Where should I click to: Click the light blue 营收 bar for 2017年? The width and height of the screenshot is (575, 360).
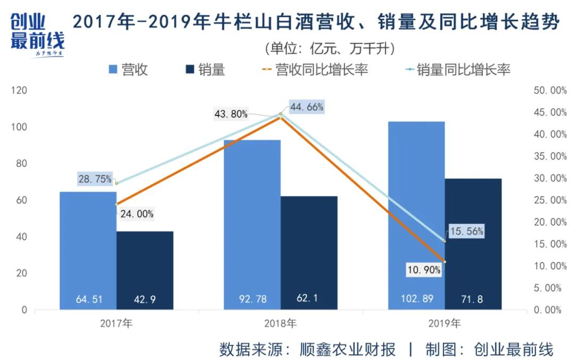[x=88, y=250]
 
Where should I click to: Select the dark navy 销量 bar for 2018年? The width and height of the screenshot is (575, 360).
[x=309, y=250]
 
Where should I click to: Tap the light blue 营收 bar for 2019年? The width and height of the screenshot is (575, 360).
[x=416, y=213]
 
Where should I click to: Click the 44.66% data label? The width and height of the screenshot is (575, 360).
[x=307, y=107]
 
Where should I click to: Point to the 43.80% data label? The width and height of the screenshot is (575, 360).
[x=231, y=114]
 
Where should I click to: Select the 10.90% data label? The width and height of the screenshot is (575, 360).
[x=424, y=270]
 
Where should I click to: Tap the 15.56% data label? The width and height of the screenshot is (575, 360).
[x=466, y=232]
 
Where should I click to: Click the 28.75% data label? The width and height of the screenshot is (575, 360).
[x=95, y=179]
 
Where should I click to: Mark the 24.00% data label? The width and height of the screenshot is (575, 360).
[x=136, y=214]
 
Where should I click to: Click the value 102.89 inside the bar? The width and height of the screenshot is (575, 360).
[x=416, y=299]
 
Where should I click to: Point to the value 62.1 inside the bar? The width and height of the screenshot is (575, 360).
[x=309, y=299]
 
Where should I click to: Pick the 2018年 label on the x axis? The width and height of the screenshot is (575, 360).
[x=280, y=323]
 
